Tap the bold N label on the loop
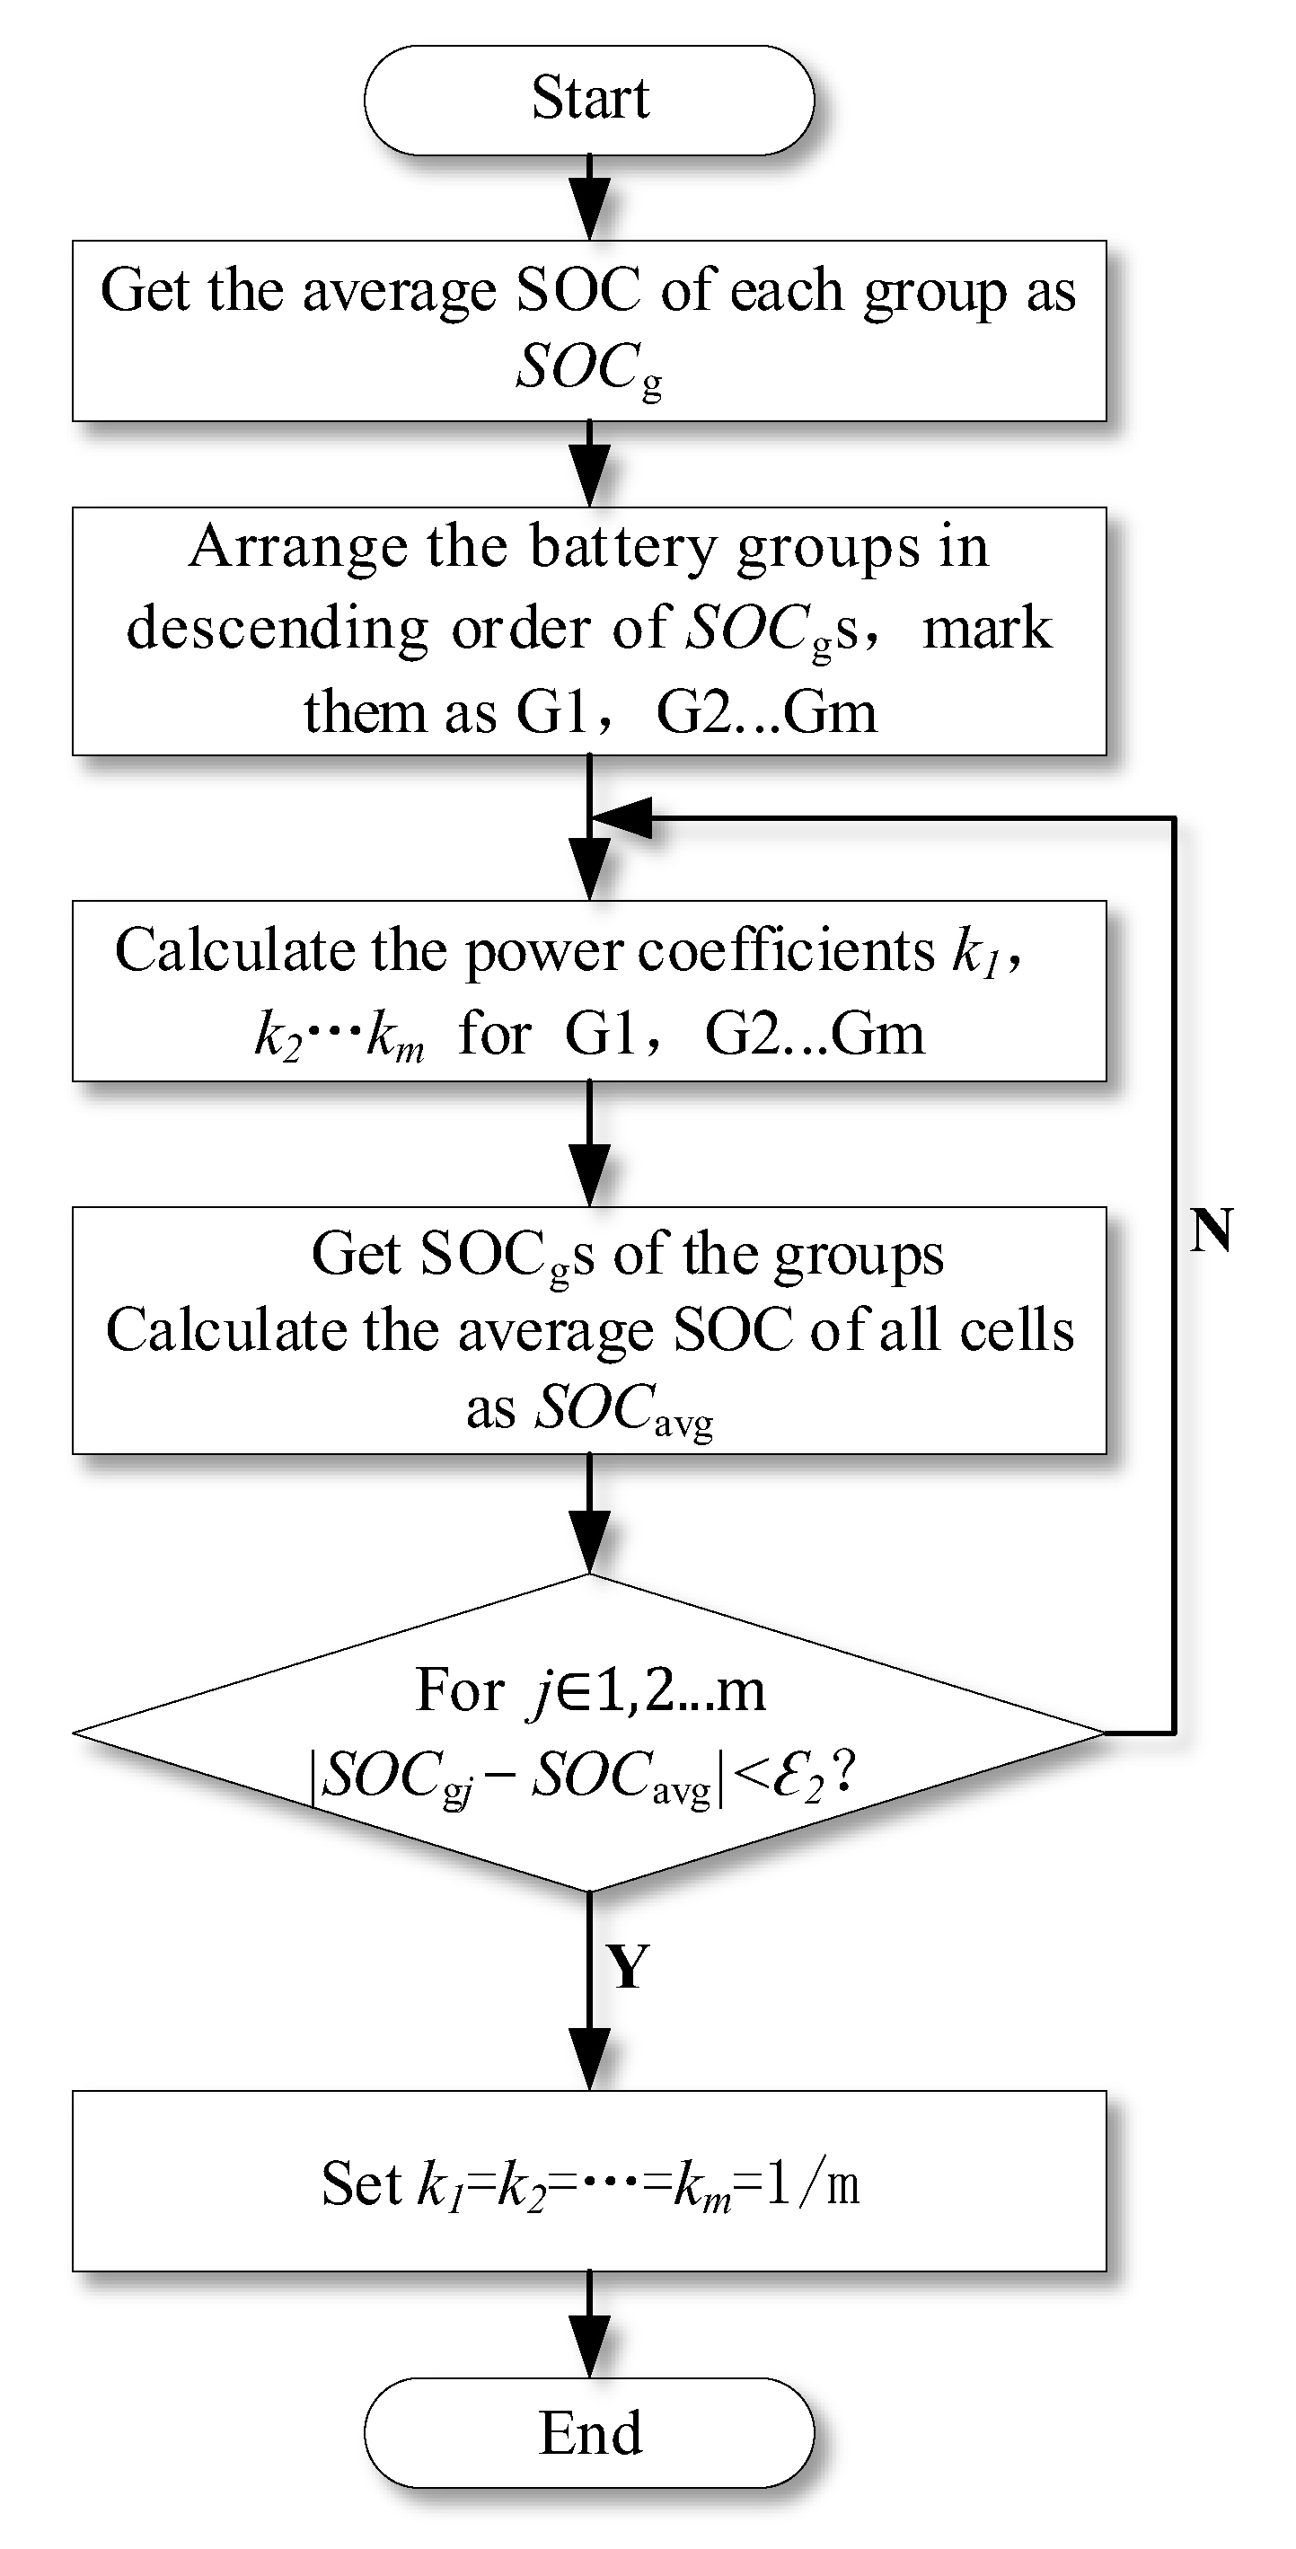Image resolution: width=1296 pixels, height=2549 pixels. click(x=1212, y=1232)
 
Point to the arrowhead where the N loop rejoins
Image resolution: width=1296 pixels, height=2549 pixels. click(x=622, y=818)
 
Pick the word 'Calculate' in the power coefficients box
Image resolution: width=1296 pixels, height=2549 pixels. click(x=235, y=950)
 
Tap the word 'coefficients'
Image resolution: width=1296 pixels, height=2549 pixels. click(x=787, y=950)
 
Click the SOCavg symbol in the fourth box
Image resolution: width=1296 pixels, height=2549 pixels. click(x=623, y=1409)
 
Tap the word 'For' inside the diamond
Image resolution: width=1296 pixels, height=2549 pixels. click(x=459, y=1689)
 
